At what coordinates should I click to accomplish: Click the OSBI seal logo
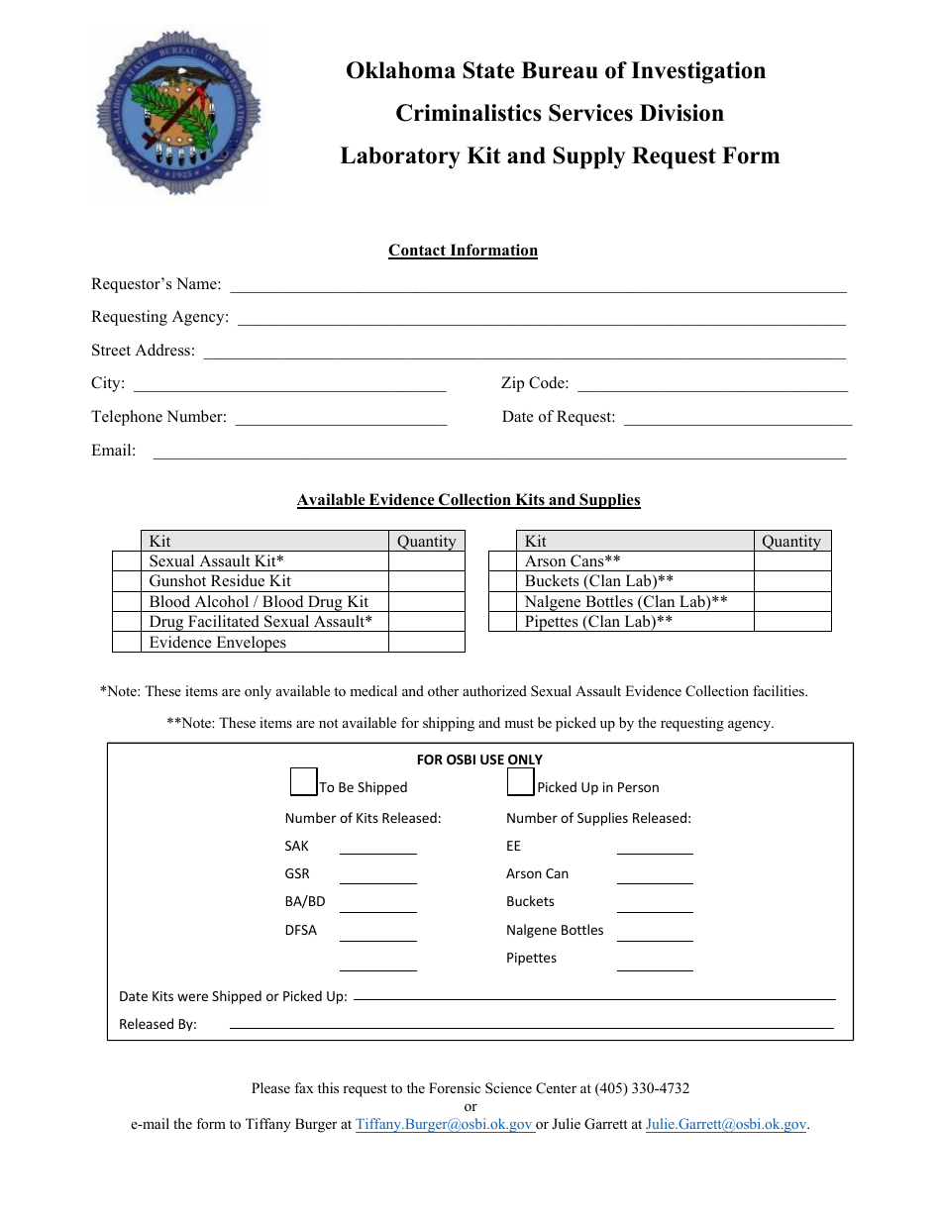[x=179, y=113]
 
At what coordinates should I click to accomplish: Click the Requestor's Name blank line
[x=538, y=285]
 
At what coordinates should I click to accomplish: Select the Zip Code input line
[x=712, y=384]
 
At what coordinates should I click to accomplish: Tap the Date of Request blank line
[x=737, y=418]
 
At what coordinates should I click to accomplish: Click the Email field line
[x=499, y=452]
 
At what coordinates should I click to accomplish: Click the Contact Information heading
[x=463, y=251]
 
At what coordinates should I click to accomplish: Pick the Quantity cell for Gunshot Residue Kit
[x=426, y=581]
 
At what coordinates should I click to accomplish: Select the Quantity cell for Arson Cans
[x=791, y=561]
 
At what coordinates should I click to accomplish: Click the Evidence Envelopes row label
[x=217, y=643]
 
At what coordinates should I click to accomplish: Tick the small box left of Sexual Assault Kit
[x=126, y=561]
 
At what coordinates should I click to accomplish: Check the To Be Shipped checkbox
[x=303, y=782]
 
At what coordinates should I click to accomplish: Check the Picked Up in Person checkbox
[x=521, y=782]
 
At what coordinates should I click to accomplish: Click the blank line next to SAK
[x=377, y=847]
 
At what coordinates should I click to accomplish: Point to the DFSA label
[x=300, y=931]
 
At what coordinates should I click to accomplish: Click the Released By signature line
[x=531, y=1024]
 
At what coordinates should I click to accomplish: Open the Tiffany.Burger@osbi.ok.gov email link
[x=444, y=1125]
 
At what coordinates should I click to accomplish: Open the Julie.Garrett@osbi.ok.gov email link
[x=726, y=1125]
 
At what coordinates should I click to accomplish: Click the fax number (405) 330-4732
[x=642, y=1088]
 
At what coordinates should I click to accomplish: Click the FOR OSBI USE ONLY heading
[x=479, y=760]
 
